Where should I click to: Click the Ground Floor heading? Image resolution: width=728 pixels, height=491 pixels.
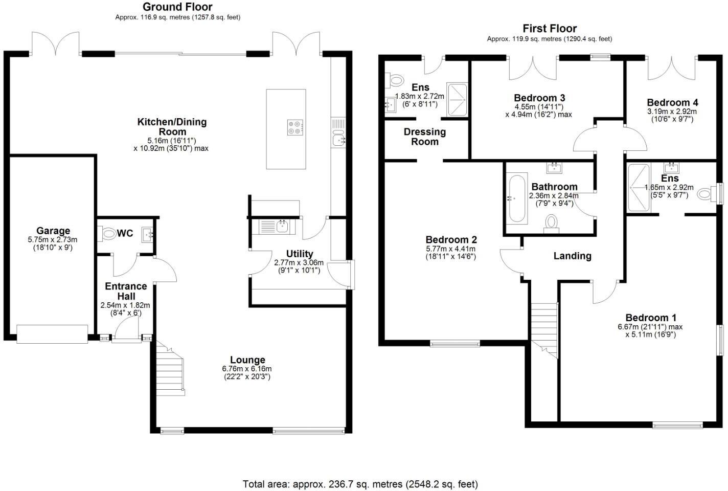tap(177, 7)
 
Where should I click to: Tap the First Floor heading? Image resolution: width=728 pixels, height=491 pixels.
tap(549, 28)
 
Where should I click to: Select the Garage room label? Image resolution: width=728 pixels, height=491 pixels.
tap(53, 231)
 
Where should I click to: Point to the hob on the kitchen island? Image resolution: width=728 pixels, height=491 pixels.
tap(295, 127)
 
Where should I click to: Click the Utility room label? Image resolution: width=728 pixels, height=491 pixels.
tap(300, 254)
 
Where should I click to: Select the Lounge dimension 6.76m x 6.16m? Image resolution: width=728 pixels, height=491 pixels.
tap(247, 369)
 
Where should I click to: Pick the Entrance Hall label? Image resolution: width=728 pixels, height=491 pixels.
tap(126, 291)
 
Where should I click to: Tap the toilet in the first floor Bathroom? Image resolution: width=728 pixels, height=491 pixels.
tap(551, 223)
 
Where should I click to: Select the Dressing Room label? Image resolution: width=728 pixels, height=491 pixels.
tap(425, 137)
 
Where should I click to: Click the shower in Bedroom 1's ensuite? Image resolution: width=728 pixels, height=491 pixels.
tap(639, 187)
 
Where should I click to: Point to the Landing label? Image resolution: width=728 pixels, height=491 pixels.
tap(572, 256)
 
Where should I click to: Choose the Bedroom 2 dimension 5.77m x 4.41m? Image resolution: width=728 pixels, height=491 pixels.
tap(451, 249)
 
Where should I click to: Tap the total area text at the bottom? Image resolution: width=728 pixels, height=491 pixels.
tap(360, 483)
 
